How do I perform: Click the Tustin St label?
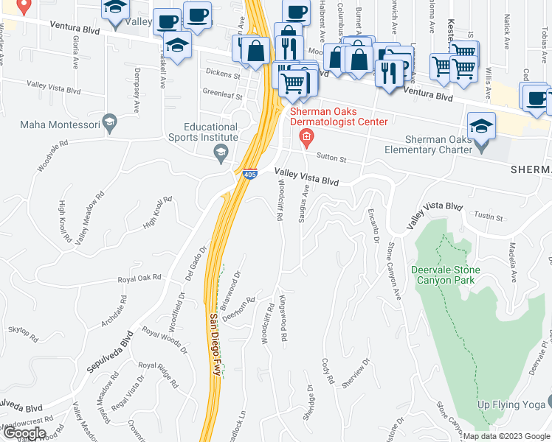(489, 217)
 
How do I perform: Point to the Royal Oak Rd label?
(140, 279)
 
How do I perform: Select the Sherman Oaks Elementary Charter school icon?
(481, 124)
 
